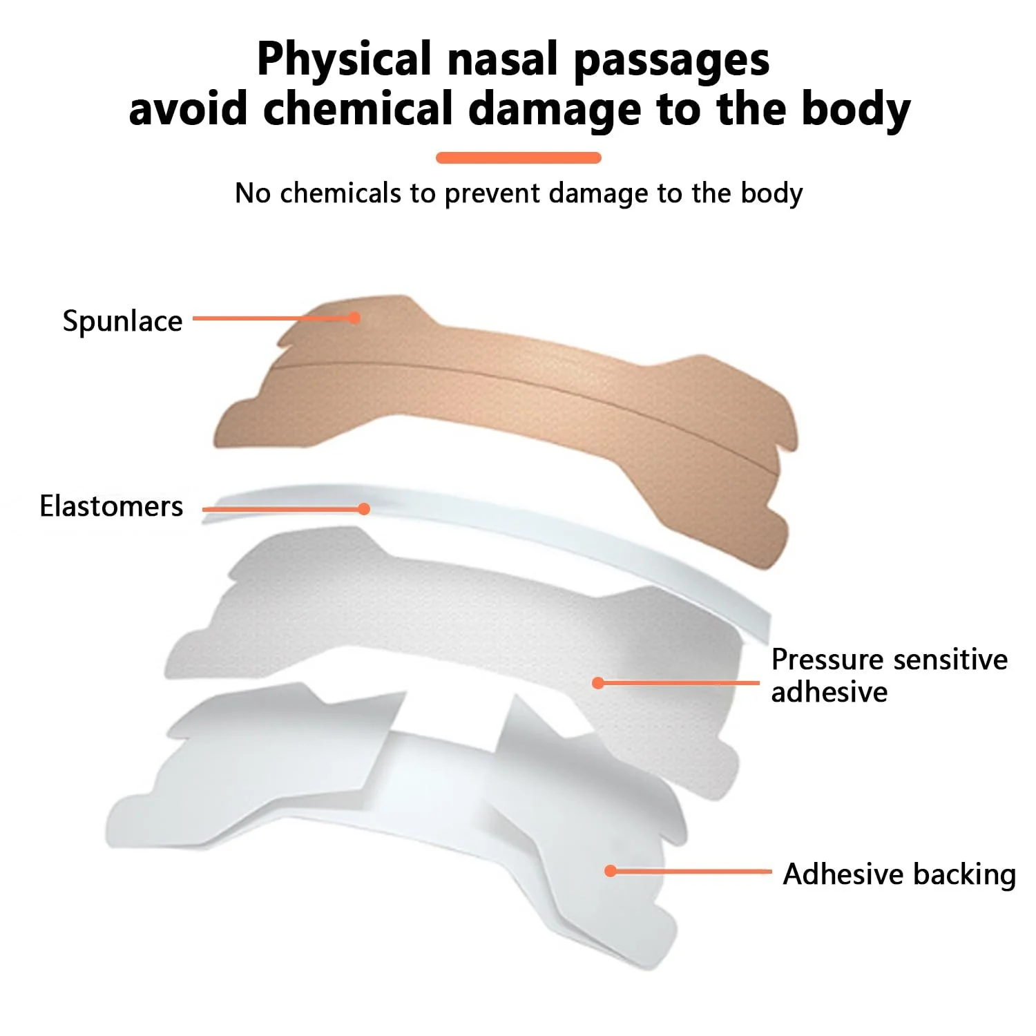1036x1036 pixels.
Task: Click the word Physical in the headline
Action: [344, 60]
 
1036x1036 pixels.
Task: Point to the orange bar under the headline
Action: [518, 157]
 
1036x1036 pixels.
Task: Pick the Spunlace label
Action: [122, 322]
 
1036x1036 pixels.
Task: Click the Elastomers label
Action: [111, 506]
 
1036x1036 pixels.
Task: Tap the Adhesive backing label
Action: [899, 874]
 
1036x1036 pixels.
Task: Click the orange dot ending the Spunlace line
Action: [354, 318]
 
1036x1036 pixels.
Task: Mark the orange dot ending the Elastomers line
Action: [364, 509]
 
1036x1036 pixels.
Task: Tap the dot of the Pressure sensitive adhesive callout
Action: [598, 683]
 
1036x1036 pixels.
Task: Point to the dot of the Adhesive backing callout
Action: [611, 871]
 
